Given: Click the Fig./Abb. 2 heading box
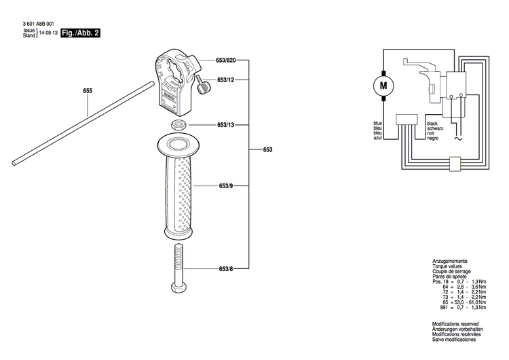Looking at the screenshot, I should [x=80, y=33].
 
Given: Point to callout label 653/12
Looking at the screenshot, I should [x=226, y=80].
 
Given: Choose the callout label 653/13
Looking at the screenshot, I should [x=226, y=125].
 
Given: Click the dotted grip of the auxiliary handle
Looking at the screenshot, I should [x=179, y=194].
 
